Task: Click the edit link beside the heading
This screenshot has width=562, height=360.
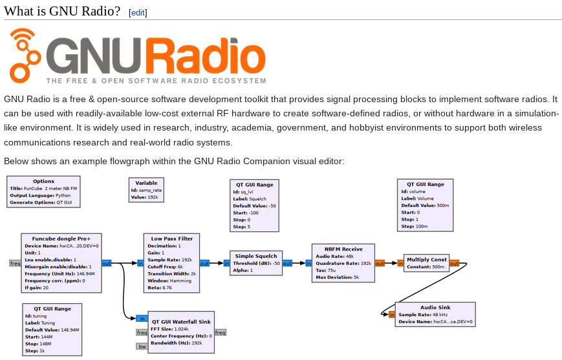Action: pyautogui.click(x=138, y=12)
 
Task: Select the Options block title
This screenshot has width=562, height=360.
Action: pyautogui.click(x=43, y=181)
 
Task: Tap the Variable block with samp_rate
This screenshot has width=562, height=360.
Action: pyautogui.click(x=146, y=190)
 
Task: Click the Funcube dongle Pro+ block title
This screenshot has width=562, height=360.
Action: pyautogui.click(x=61, y=238)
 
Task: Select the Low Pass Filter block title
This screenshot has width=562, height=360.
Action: pyautogui.click(x=171, y=238)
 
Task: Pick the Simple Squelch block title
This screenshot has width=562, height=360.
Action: pyautogui.click(x=256, y=255)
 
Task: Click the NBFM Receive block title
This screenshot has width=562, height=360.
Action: pyautogui.click(x=343, y=248)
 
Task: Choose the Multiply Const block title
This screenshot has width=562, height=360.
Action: pyautogui.click(x=426, y=259)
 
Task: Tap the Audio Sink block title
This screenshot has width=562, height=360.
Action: pyautogui.click(x=435, y=307)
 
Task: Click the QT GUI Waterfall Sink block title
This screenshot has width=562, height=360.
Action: pyautogui.click(x=180, y=321)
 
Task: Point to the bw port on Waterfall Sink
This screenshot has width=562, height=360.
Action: pyautogui.click(x=142, y=346)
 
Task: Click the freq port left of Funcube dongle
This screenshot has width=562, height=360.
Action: pyautogui.click(x=15, y=263)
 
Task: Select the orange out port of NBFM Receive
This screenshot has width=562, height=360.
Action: pyautogui.click(x=380, y=263)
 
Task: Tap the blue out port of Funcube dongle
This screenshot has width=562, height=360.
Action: pyautogui.click(x=106, y=263)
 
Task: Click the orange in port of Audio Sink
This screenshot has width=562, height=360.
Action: pyautogui.click(x=392, y=315)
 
